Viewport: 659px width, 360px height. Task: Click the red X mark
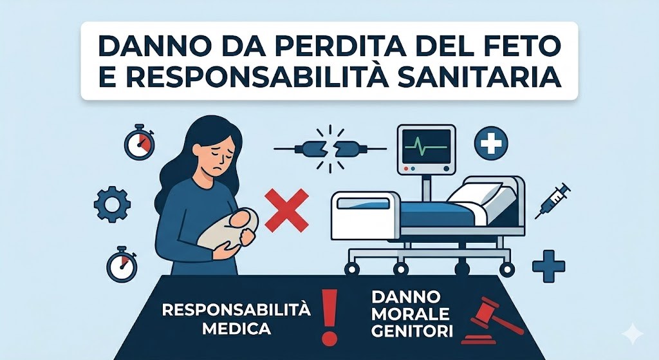click(x=287, y=210)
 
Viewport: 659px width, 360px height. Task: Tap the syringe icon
click(x=553, y=200)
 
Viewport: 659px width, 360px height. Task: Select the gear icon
click(x=112, y=205)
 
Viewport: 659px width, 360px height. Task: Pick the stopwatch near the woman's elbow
click(x=122, y=264)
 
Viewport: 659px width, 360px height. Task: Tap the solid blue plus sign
click(x=548, y=267)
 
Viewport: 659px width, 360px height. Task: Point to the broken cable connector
click(x=330, y=149)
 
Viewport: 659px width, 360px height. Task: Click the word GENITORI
click(x=413, y=332)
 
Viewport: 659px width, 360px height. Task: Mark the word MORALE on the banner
click(x=411, y=314)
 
